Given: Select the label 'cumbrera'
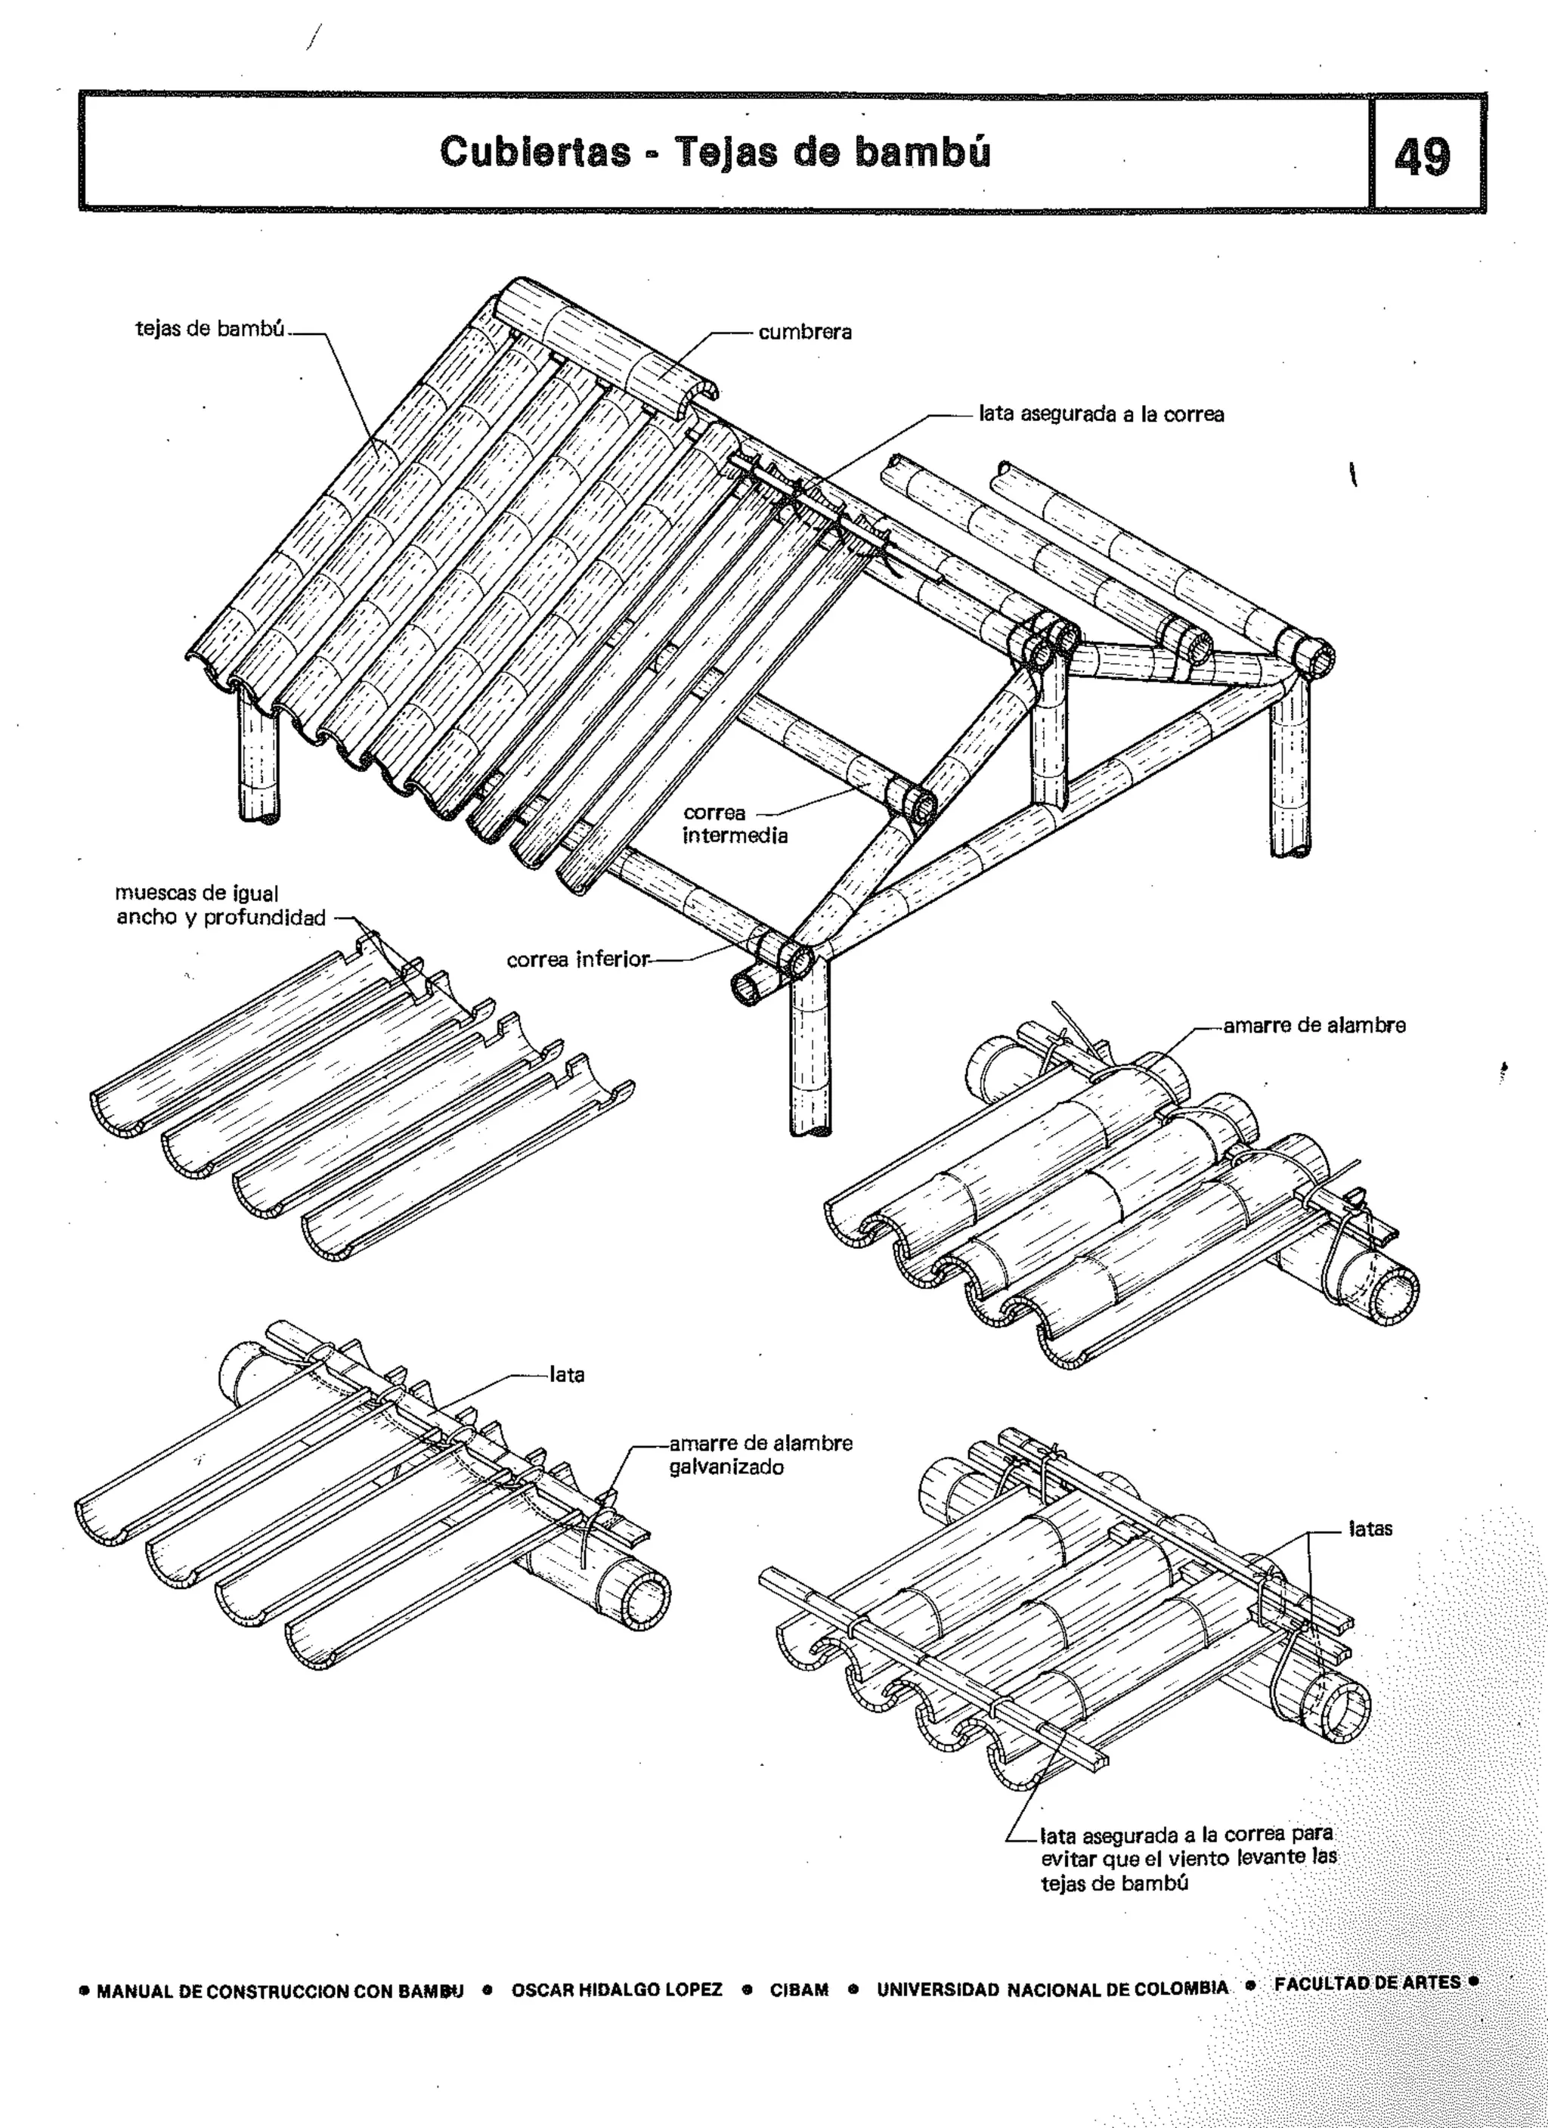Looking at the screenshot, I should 805,332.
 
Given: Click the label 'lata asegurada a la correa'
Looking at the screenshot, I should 1101,414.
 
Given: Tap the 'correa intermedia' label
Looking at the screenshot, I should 735,824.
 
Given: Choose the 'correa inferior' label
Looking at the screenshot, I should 577,960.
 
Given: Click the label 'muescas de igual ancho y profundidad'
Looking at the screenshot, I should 221,906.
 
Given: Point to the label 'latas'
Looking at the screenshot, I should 1370,1529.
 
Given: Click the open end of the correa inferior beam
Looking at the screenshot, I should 751,988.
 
